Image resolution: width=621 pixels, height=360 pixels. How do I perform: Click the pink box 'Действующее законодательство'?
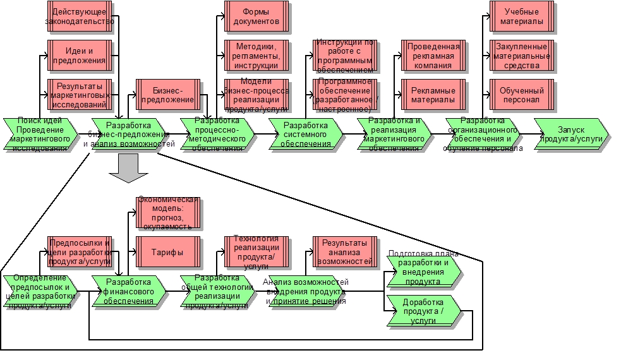[x=80, y=17]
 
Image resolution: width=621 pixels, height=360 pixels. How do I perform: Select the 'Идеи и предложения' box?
[x=80, y=56]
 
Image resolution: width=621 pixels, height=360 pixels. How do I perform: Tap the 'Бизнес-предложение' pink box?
[x=168, y=94]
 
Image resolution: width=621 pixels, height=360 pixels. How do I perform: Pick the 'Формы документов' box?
[x=256, y=17]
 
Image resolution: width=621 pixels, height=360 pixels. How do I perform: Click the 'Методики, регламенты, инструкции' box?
[x=256, y=56]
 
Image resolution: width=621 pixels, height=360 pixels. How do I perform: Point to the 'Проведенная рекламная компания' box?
[x=433, y=56]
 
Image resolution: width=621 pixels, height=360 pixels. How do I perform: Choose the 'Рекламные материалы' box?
[x=433, y=94]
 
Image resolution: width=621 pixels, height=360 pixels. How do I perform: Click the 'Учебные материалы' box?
[x=522, y=17]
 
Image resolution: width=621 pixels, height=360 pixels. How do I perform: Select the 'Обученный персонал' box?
[x=522, y=94]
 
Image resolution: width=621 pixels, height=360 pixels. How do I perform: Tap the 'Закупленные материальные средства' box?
[x=522, y=56]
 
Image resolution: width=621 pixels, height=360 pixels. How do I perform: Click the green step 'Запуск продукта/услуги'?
[x=572, y=134]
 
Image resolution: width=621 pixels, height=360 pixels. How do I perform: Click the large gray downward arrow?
[x=128, y=169]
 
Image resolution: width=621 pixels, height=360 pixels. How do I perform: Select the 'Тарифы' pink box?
[x=168, y=252]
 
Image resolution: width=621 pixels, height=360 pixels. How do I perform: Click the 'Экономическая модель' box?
[x=168, y=213]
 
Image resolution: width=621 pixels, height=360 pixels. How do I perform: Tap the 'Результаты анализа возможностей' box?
[x=345, y=252]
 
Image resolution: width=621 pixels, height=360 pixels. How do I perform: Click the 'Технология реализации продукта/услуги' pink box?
[x=256, y=252]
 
